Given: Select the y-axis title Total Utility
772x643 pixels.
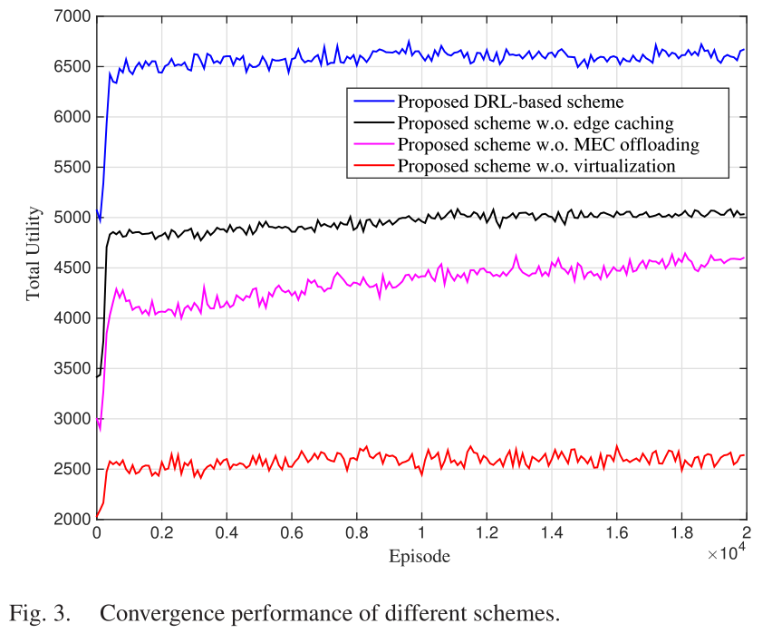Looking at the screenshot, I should [x=34, y=268].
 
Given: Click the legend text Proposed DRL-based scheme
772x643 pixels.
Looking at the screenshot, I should [x=510, y=99].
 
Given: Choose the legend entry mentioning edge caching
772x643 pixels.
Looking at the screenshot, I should [x=535, y=122].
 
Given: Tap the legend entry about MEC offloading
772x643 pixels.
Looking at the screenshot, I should [x=547, y=144].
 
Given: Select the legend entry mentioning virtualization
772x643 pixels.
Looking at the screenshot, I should [x=536, y=166].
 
